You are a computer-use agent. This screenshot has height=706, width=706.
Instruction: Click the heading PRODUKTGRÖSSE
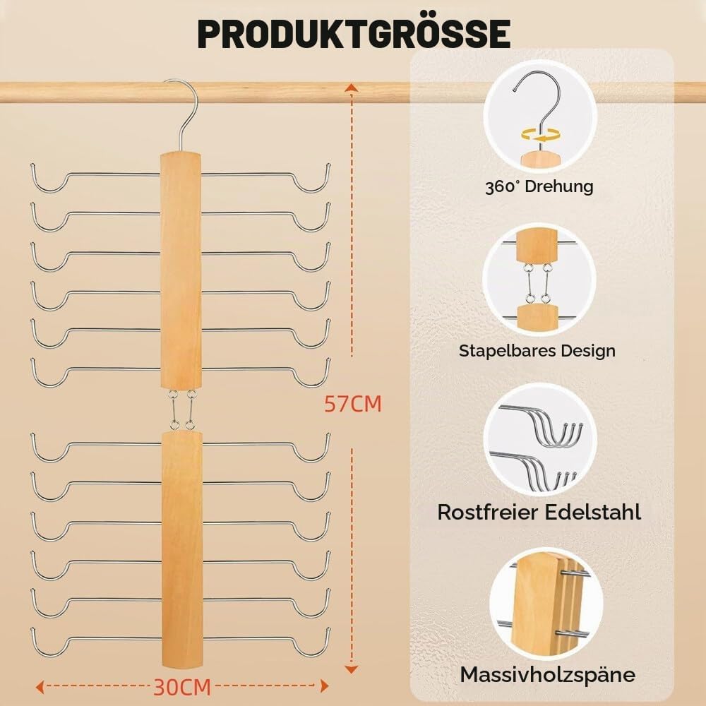354,34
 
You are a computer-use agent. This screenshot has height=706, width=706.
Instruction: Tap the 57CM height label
352,404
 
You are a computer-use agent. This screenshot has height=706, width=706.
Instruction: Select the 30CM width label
182,687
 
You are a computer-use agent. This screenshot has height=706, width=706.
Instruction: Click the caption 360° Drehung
539,186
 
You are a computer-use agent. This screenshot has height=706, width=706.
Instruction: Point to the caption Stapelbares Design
537,351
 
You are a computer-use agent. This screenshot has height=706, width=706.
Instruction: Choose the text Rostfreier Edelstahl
539,513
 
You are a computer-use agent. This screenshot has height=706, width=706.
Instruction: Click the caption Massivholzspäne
548,674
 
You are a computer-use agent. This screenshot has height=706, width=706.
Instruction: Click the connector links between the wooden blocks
182,409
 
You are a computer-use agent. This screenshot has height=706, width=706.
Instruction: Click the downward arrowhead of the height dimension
352,669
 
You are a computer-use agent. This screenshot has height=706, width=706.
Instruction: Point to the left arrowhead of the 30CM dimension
40,687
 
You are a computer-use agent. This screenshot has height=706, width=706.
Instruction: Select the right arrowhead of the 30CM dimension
324,686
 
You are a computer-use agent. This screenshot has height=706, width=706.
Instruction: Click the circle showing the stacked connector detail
539,280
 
